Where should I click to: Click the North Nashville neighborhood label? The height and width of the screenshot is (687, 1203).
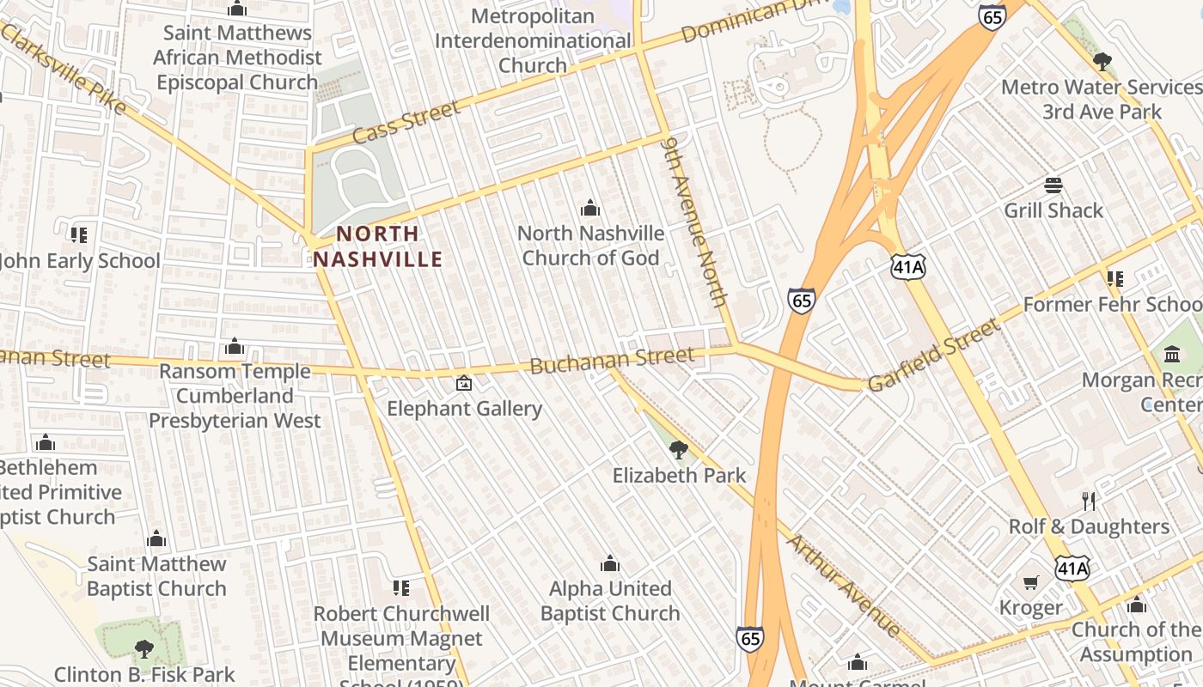point(378,246)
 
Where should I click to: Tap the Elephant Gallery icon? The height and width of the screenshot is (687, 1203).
point(464,383)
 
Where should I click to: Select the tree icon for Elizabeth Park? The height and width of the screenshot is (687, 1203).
point(678,449)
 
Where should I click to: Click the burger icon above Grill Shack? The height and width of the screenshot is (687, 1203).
point(1053,185)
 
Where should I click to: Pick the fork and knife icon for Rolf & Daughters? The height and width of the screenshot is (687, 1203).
point(1089,501)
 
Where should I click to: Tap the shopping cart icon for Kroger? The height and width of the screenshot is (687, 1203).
point(1031,583)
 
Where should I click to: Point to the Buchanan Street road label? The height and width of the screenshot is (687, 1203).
point(612,361)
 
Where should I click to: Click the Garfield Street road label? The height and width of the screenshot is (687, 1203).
point(934,355)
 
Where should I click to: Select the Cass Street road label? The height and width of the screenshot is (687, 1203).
point(406,122)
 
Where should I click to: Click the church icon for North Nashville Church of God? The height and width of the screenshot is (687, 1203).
point(589,208)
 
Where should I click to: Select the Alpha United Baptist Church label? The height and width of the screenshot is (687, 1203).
point(610,600)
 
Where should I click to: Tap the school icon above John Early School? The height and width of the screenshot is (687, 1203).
point(79,234)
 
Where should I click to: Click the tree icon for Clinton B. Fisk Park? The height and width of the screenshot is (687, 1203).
point(144,648)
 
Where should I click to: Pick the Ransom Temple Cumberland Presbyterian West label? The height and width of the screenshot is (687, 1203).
point(235,396)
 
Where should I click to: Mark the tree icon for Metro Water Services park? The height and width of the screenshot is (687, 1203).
point(1102,62)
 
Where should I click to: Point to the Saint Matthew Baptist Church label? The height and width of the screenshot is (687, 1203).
point(156,576)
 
